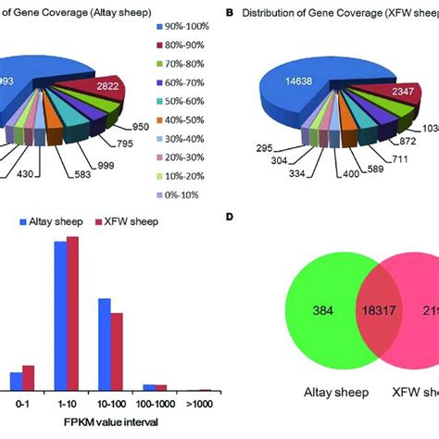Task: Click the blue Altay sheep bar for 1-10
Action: [x=60, y=315]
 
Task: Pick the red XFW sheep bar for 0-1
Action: [x=28, y=377]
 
